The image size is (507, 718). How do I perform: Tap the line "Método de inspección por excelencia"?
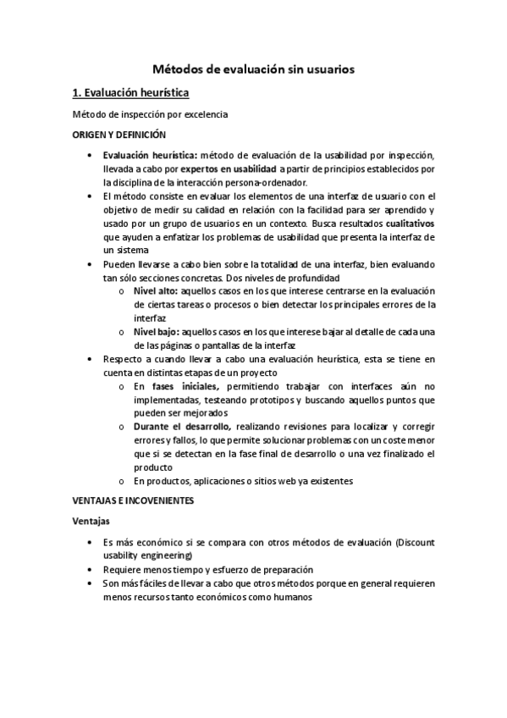click(x=151, y=114)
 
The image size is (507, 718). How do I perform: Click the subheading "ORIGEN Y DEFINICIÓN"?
click(x=118, y=135)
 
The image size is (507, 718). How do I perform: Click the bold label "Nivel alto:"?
click(x=155, y=291)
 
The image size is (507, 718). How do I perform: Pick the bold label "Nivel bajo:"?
click(x=156, y=332)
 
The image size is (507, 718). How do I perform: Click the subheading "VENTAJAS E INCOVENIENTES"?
click(x=134, y=501)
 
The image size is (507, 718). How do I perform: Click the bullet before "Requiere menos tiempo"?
click(x=91, y=570)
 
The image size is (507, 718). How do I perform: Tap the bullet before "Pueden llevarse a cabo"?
click(x=91, y=264)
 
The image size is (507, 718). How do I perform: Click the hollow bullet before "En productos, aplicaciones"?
click(x=123, y=481)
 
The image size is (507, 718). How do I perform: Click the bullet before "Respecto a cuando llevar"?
click(x=91, y=359)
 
